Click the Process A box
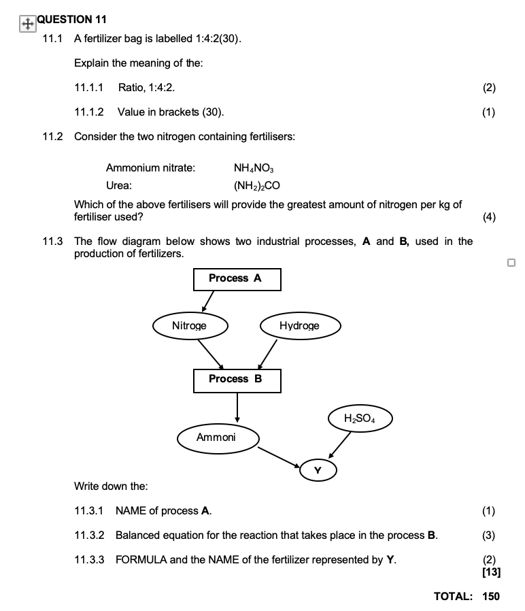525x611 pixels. pyautogui.click(x=237, y=278)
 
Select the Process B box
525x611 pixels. pyautogui.click(x=237, y=380)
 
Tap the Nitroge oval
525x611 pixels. pyautogui.click(x=190, y=326)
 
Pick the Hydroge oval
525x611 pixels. pyautogui.click(x=299, y=326)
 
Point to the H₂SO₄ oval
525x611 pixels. pyautogui.click(x=360, y=418)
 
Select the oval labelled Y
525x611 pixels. pyautogui.click(x=316, y=469)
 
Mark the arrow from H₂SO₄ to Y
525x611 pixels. pyautogui.click(x=339, y=445)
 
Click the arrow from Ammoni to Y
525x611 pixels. pyautogui.click(x=279, y=457)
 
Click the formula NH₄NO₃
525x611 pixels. pyautogui.click(x=254, y=168)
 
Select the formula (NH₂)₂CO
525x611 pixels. pyautogui.click(x=256, y=185)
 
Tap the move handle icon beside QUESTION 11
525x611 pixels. pyautogui.click(x=27, y=24)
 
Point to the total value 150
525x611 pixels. pyautogui.click(x=491, y=596)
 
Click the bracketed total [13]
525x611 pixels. pyautogui.click(x=490, y=572)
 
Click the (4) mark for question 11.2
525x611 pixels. pyautogui.click(x=489, y=217)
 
